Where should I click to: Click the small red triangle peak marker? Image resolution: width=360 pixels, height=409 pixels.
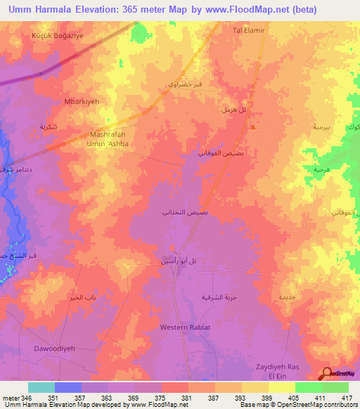252,126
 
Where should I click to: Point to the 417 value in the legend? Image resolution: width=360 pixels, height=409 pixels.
347,398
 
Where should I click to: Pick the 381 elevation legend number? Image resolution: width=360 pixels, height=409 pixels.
187,398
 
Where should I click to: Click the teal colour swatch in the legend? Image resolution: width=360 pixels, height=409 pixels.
41,387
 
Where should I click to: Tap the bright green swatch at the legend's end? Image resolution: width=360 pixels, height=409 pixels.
335,387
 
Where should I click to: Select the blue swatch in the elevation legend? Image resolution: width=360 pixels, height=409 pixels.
67,387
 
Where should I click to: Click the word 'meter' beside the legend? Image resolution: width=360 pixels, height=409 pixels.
10,398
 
